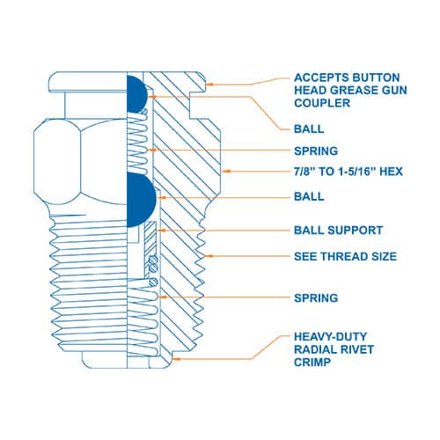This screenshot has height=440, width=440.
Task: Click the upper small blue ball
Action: coord(136,94)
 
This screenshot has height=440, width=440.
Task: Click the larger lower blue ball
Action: coord(141,200)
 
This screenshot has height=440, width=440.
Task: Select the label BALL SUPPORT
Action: coord(338,231)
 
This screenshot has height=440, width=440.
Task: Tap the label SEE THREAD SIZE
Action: coord(345,256)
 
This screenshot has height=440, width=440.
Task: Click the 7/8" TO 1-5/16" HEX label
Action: coord(348,172)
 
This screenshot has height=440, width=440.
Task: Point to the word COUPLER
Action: coord(322,103)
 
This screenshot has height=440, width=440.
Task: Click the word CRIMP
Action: coord(312,363)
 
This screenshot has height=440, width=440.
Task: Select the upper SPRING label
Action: coord(316,151)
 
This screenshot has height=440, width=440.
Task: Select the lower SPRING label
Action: coord(316,298)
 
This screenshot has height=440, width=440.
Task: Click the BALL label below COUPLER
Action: coord(309,128)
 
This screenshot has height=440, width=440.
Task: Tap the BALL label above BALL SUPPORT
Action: coord(309,196)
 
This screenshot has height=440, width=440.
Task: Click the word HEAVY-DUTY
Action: coord(330,336)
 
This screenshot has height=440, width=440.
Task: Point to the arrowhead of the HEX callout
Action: coord(225,171)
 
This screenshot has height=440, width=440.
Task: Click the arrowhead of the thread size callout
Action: coord(209,256)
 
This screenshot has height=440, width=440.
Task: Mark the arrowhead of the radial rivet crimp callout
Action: coord(175,358)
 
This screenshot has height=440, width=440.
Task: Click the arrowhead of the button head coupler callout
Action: coord(209,84)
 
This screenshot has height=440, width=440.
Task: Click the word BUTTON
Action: coord(376,77)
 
